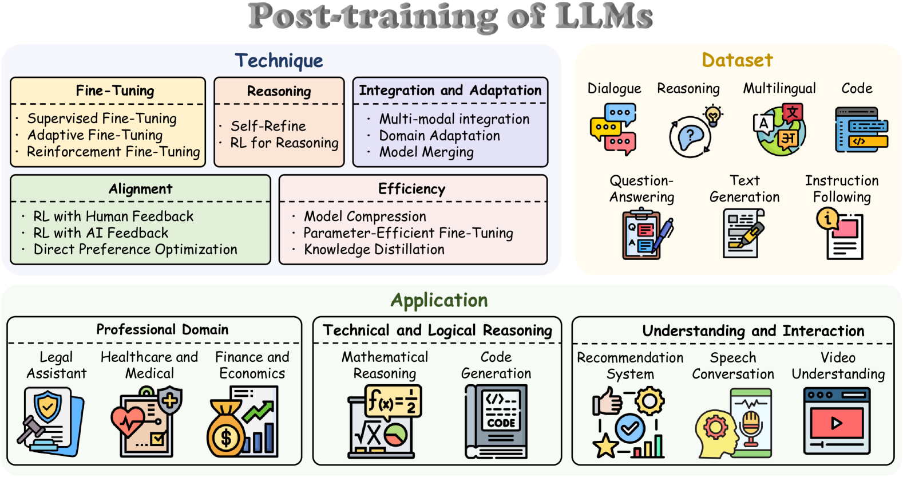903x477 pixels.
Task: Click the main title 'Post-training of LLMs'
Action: tap(450, 17)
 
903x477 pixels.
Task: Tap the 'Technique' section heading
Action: tap(279, 61)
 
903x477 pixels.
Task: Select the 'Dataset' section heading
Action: tap(737, 60)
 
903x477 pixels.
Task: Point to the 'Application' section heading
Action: tap(439, 300)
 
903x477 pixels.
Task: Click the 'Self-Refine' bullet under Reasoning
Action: tap(268, 126)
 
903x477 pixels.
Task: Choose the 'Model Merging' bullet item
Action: tap(426, 152)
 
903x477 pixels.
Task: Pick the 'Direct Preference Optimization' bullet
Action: tap(135, 250)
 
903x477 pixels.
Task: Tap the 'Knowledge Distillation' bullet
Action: tap(374, 250)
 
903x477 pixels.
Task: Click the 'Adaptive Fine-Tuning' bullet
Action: tap(95, 135)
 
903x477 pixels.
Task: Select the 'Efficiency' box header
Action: tap(411, 189)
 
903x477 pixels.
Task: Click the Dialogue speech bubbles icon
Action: tap(613, 129)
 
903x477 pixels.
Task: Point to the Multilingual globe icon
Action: tap(779, 130)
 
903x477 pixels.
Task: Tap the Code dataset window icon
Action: tap(861, 129)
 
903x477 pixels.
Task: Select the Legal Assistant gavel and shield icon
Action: tap(50, 421)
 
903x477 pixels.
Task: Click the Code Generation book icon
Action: tap(496, 421)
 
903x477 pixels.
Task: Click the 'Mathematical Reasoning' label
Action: tap(385, 365)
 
